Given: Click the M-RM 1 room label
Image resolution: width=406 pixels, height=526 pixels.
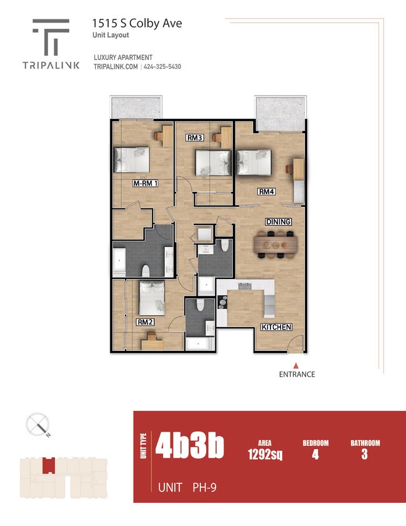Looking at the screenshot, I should pyautogui.click(x=145, y=184).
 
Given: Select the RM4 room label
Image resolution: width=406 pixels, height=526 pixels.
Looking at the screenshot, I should pyautogui.click(x=267, y=191).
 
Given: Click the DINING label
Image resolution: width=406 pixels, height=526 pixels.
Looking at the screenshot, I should pyautogui.click(x=278, y=222).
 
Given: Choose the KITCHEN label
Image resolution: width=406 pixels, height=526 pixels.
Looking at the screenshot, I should pyautogui.click(x=276, y=327).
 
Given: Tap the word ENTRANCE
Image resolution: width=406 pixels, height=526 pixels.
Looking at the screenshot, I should pyautogui.click(x=297, y=375).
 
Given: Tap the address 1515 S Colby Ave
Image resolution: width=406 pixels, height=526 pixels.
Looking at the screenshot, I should pyautogui.click(x=128, y=24).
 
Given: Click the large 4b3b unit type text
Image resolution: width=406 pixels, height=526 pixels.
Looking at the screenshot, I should pyautogui.click(x=190, y=447).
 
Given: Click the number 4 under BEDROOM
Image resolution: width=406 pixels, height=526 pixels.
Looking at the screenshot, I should pyautogui.click(x=315, y=455).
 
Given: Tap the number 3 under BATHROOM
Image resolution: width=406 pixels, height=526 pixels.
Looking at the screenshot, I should pyautogui.click(x=364, y=455).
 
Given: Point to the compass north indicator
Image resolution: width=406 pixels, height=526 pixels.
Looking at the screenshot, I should pyautogui.click(x=37, y=425).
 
